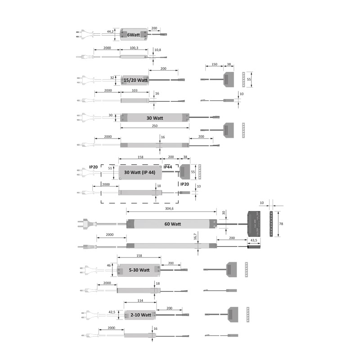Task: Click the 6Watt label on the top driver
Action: [133, 35]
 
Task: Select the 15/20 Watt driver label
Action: [135, 80]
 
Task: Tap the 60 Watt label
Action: [173, 224]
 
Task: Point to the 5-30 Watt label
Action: [139, 270]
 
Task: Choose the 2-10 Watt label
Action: [141, 315]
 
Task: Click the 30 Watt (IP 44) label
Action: [139, 172]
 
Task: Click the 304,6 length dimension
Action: [169, 208]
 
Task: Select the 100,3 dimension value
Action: [134, 48]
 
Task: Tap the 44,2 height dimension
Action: [110, 31]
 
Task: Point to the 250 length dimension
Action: [155, 126]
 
